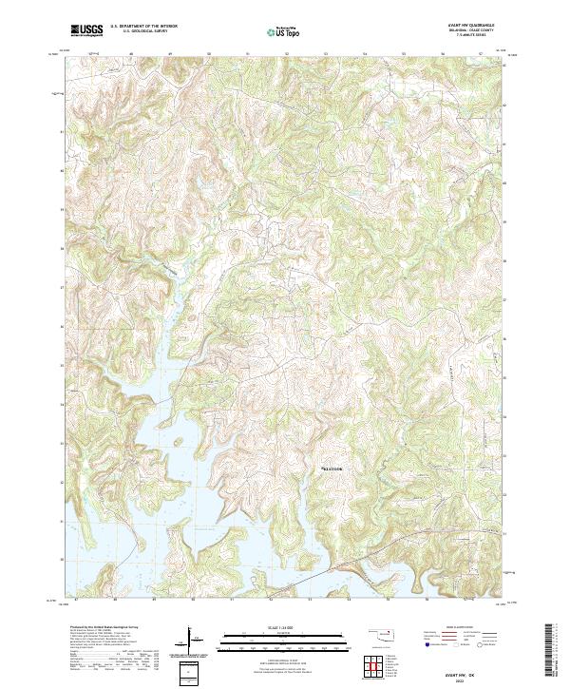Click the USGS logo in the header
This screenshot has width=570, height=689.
point(86,30)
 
